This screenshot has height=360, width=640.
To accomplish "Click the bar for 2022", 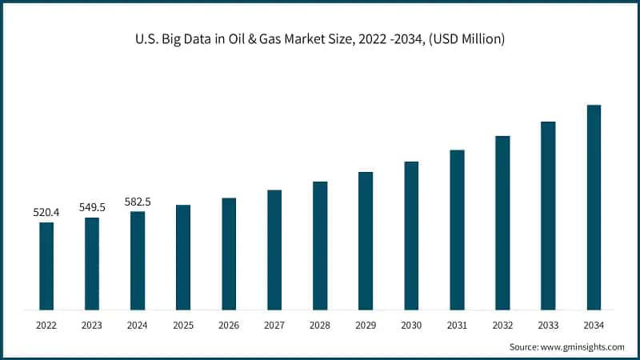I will [x=46, y=266].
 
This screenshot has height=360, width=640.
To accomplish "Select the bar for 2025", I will [x=183, y=257].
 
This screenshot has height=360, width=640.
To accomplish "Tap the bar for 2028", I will [x=320, y=246].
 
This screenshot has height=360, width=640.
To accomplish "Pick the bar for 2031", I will [x=457, y=230].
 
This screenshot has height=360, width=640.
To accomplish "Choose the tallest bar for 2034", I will [x=594, y=207].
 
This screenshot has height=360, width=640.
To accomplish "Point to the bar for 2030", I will [x=411, y=235].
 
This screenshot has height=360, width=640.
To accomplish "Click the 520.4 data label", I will [x=46, y=213].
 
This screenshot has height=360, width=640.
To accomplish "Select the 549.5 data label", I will [x=92, y=207].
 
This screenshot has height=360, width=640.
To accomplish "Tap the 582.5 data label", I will [x=138, y=202].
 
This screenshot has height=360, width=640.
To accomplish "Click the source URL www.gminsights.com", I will [x=583, y=347].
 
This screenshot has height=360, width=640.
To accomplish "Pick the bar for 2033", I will [x=548, y=215].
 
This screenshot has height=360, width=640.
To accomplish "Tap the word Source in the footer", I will [x=524, y=347].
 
